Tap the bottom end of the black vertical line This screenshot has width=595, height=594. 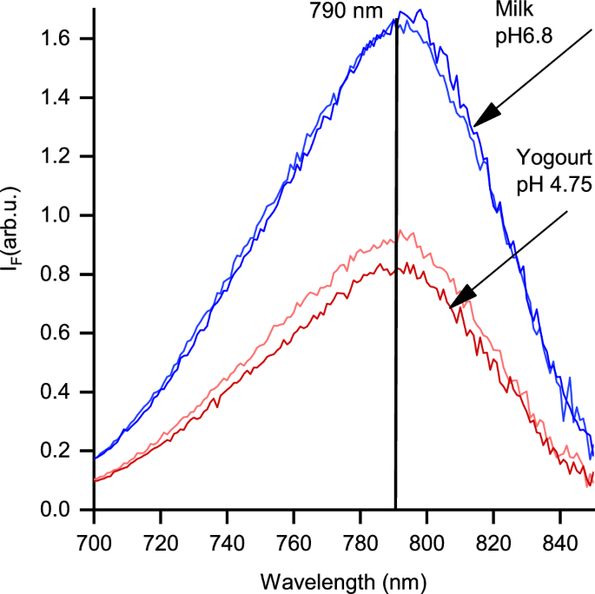tap(396, 508)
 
